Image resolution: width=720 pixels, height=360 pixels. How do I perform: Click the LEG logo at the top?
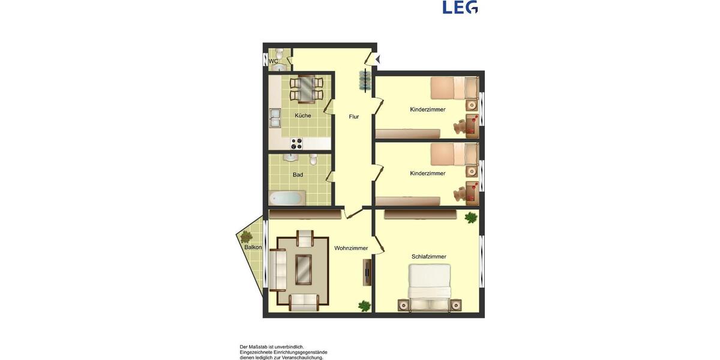(460, 7)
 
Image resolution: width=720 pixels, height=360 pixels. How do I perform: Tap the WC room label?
(273, 61)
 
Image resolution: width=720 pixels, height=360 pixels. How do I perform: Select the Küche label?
(303, 115)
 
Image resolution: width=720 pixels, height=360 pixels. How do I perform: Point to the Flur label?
(354, 116)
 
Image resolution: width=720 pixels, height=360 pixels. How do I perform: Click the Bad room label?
(298, 175)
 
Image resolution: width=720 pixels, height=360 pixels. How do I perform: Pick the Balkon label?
(253, 247)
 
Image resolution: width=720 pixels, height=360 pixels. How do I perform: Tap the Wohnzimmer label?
(351, 248)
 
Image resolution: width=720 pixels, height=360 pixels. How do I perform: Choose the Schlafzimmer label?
(428, 256)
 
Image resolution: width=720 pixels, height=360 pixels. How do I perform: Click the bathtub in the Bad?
(287, 197)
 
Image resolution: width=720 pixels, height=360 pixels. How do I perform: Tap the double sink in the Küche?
(275, 118)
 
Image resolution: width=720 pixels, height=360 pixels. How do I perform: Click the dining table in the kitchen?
(307, 88)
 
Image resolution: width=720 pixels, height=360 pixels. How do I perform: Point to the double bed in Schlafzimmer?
(429, 287)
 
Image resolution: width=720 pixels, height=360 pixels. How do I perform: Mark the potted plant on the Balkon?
(246, 236)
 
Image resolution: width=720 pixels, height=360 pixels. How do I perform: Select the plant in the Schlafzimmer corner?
(470, 217)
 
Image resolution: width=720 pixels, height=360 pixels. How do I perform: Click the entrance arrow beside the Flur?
(377, 59)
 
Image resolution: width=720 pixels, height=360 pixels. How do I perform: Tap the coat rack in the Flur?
(364, 80)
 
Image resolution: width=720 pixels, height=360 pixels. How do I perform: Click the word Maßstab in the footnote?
(258, 347)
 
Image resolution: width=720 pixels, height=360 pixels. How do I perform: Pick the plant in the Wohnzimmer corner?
(364, 305)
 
